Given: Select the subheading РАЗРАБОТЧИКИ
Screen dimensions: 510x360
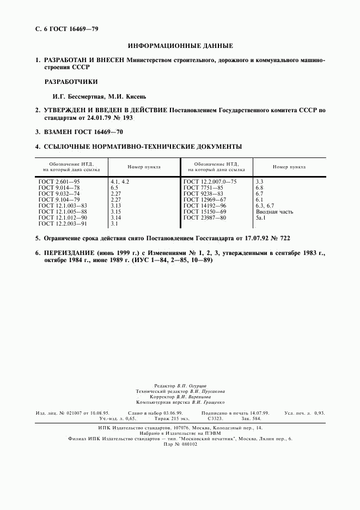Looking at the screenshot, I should pos(71,82).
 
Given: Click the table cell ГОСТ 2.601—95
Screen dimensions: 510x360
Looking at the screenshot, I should pos(59,181).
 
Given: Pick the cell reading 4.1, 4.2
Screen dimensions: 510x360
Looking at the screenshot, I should pos(120,181).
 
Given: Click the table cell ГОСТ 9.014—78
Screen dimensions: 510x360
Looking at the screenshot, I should pos(59,187).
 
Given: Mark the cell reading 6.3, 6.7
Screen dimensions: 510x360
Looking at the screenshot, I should pos(265,205).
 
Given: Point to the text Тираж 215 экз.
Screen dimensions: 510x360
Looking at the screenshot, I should pos(171,419).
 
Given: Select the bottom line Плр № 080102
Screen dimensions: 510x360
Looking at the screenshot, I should pos(180,444).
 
